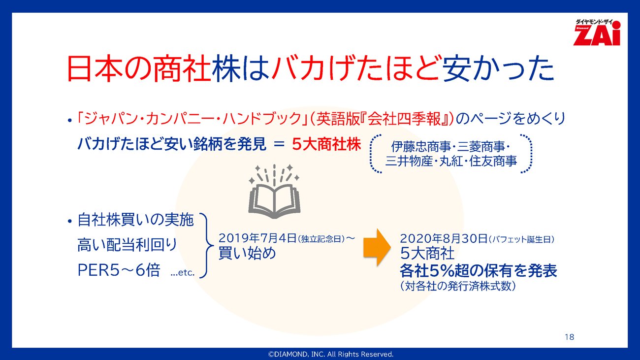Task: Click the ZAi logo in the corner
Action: coord(597,33)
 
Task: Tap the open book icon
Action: coord(274,192)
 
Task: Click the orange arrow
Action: coord(377,247)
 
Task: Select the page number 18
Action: coord(570,337)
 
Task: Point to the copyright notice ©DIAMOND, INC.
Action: coord(330,354)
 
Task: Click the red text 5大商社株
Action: coord(326,144)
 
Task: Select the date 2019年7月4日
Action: coord(257,238)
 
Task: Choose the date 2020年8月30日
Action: coord(444,238)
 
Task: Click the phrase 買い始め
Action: coord(247,253)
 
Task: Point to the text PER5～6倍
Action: coord(119,270)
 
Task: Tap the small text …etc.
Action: coord(183,272)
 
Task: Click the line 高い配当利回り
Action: coord(128,245)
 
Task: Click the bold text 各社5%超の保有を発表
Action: coord(479,270)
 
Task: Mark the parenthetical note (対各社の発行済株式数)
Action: coord(458,286)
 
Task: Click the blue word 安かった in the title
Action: coord(498,68)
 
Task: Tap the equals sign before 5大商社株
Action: coord(279,145)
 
